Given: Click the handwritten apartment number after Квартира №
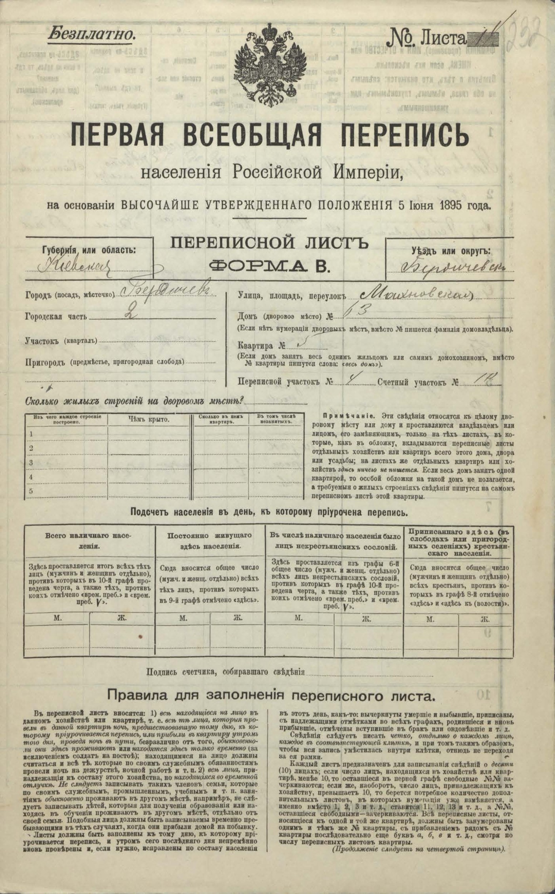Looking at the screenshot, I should pos(302,344).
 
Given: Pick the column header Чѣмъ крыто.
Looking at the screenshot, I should pos(149,420).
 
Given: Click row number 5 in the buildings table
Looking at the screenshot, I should pos(31,491).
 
